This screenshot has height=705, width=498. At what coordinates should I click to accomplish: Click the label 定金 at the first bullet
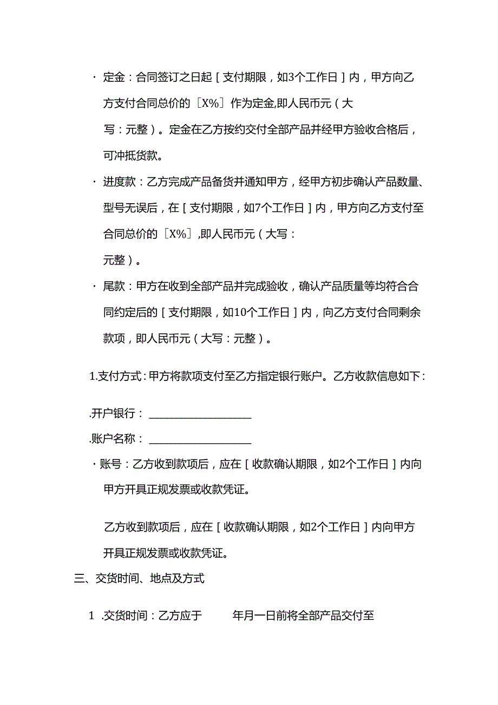(114, 77)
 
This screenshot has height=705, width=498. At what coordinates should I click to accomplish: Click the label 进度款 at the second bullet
(119, 182)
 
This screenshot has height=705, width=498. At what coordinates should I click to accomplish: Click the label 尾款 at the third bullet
(114, 287)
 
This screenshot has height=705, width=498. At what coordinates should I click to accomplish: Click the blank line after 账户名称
(200, 439)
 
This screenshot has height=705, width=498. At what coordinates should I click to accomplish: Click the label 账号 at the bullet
(111, 464)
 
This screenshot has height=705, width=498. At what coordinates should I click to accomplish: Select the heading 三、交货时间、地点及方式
(139, 579)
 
